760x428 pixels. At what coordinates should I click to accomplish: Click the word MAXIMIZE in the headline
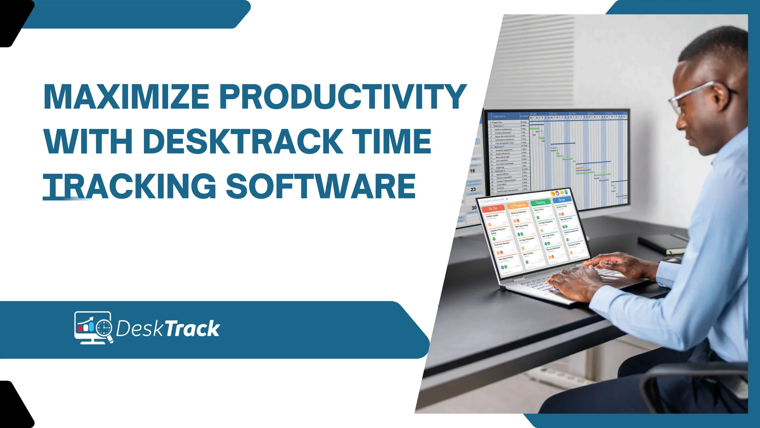click(127, 96)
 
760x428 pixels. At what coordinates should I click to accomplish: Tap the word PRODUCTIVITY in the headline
click(343, 96)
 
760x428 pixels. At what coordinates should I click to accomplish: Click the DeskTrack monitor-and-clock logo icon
click(93, 327)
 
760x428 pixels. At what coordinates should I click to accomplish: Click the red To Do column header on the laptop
click(493, 209)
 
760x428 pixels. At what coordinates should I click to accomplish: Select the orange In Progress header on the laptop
click(518, 205)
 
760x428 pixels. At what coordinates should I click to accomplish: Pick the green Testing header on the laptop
click(540, 202)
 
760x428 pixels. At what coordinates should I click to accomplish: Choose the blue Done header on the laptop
click(561, 200)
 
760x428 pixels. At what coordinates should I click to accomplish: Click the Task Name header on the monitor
click(499, 116)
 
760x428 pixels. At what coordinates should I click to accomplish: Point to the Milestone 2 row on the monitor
click(499, 147)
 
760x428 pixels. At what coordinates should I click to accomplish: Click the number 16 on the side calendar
click(472, 171)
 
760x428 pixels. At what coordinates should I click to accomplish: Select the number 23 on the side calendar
click(473, 189)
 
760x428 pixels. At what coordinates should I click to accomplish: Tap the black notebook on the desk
click(662, 244)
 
